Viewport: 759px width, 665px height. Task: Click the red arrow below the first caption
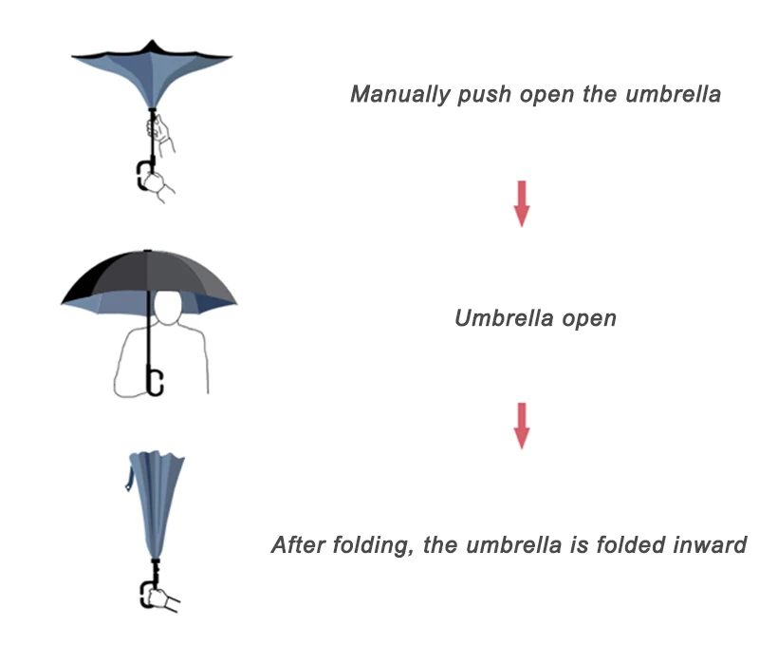click(521, 203)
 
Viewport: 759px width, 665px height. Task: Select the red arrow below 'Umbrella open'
click(521, 425)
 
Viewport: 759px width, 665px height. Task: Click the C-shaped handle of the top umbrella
click(146, 177)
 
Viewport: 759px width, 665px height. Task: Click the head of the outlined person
click(172, 310)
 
